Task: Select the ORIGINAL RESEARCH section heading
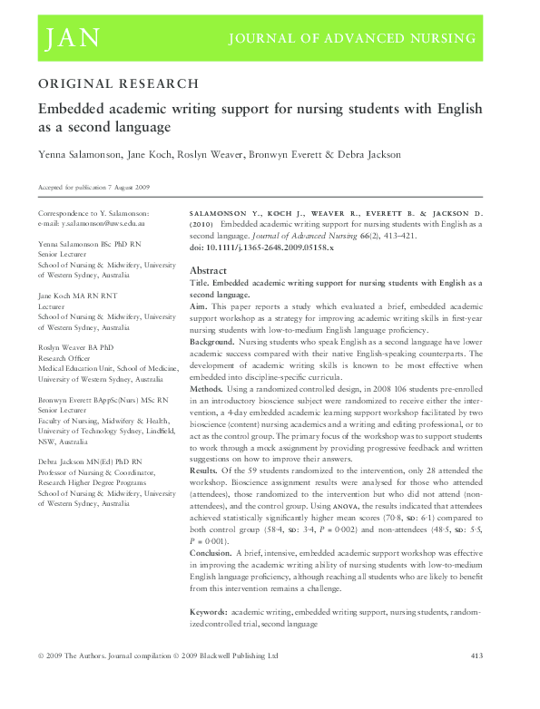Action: [x=118, y=83]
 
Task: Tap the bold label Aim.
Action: [x=199, y=308]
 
